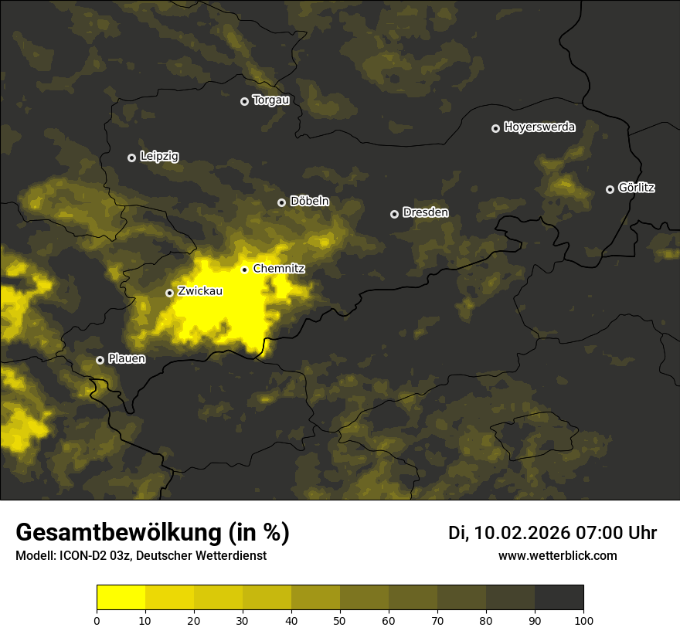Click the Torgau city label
(x=270, y=100)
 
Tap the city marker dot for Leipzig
(x=131, y=158)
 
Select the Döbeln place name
(x=309, y=202)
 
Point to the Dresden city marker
(x=394, y=214)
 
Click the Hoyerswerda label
(x=539, y=127)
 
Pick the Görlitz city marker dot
(x=610, y=189)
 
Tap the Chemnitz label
(x=279, y=270)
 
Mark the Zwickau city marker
(x=169, y=293)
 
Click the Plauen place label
(x=127, y=359)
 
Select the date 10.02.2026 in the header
(x=522, y=533)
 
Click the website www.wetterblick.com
(x=558, y=555)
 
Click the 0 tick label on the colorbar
(x=97, y=619)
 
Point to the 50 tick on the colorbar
(x=340, y=619)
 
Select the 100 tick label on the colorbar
(x=583, y=619)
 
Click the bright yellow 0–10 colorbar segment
(x=121, y=598)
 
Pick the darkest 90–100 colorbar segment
(x=559, y=598)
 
